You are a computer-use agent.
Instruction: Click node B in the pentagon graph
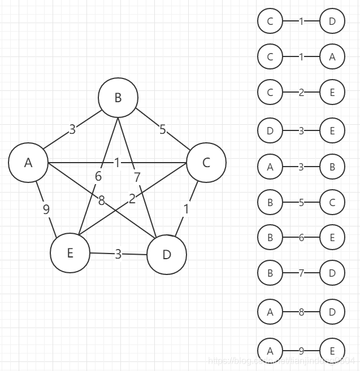(118, 98)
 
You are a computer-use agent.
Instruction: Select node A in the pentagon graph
(28, 163)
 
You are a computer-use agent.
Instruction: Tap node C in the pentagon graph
(206, 163)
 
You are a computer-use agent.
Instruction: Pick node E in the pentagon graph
(70, 252)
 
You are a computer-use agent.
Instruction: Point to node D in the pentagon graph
(167, 255)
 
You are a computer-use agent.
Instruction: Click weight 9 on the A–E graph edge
(46, 209)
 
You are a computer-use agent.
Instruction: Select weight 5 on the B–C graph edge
(163, 130)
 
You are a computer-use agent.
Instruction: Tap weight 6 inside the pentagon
(98, 177)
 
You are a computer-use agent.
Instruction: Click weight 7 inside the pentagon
(137, 177)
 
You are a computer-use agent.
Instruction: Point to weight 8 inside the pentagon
(102, 199)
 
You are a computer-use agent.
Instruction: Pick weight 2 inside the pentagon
(132, 199)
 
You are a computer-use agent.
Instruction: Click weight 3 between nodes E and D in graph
(118, 254)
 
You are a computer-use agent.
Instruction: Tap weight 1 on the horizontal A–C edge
(117, 163)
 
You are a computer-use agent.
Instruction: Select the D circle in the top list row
(332, 21)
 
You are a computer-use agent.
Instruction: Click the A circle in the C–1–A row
(332, 56)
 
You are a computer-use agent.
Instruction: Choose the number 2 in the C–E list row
(301, 93)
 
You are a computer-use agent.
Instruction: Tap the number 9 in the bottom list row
(301, 350)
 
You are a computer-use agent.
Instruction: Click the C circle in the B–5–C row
(332, 202)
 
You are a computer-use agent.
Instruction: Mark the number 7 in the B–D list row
(301, 273)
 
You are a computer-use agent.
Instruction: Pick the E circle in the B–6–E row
(332, 238)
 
